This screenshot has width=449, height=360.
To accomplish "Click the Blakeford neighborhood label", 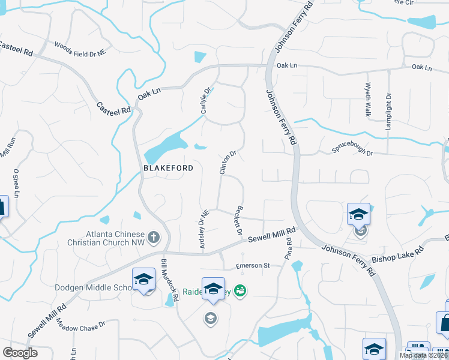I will pyautogui.click(x=168, y=169).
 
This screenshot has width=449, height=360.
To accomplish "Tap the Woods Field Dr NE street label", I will pyautogui.click(x=80, y=49).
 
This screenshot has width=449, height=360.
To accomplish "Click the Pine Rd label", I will pyautogui.click(x=288, y=248).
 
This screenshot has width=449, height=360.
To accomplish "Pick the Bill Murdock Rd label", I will pyautogui.click(x=170, y=280).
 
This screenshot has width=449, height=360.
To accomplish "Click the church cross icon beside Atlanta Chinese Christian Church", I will pyautogui.click(x=153, y=238).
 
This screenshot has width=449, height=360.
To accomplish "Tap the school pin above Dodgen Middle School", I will pyautogui.click(x=144, y=280).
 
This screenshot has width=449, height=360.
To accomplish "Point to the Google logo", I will pyautogui.click(x=20, y=353).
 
